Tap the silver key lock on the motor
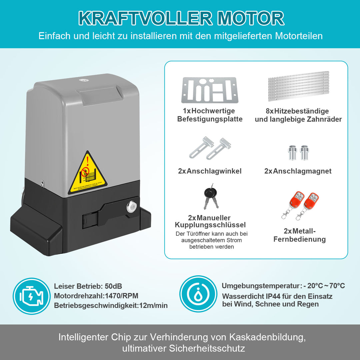coord(130,207)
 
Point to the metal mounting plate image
coord(210,90)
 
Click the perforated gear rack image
coord(299,86)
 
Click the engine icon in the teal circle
coord(31,296)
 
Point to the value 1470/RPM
coord(121,296)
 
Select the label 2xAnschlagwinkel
coord(210,171)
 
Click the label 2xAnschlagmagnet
coord(298,171)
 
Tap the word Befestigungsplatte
coord(210,119)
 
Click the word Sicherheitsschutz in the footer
coord(207,349)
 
